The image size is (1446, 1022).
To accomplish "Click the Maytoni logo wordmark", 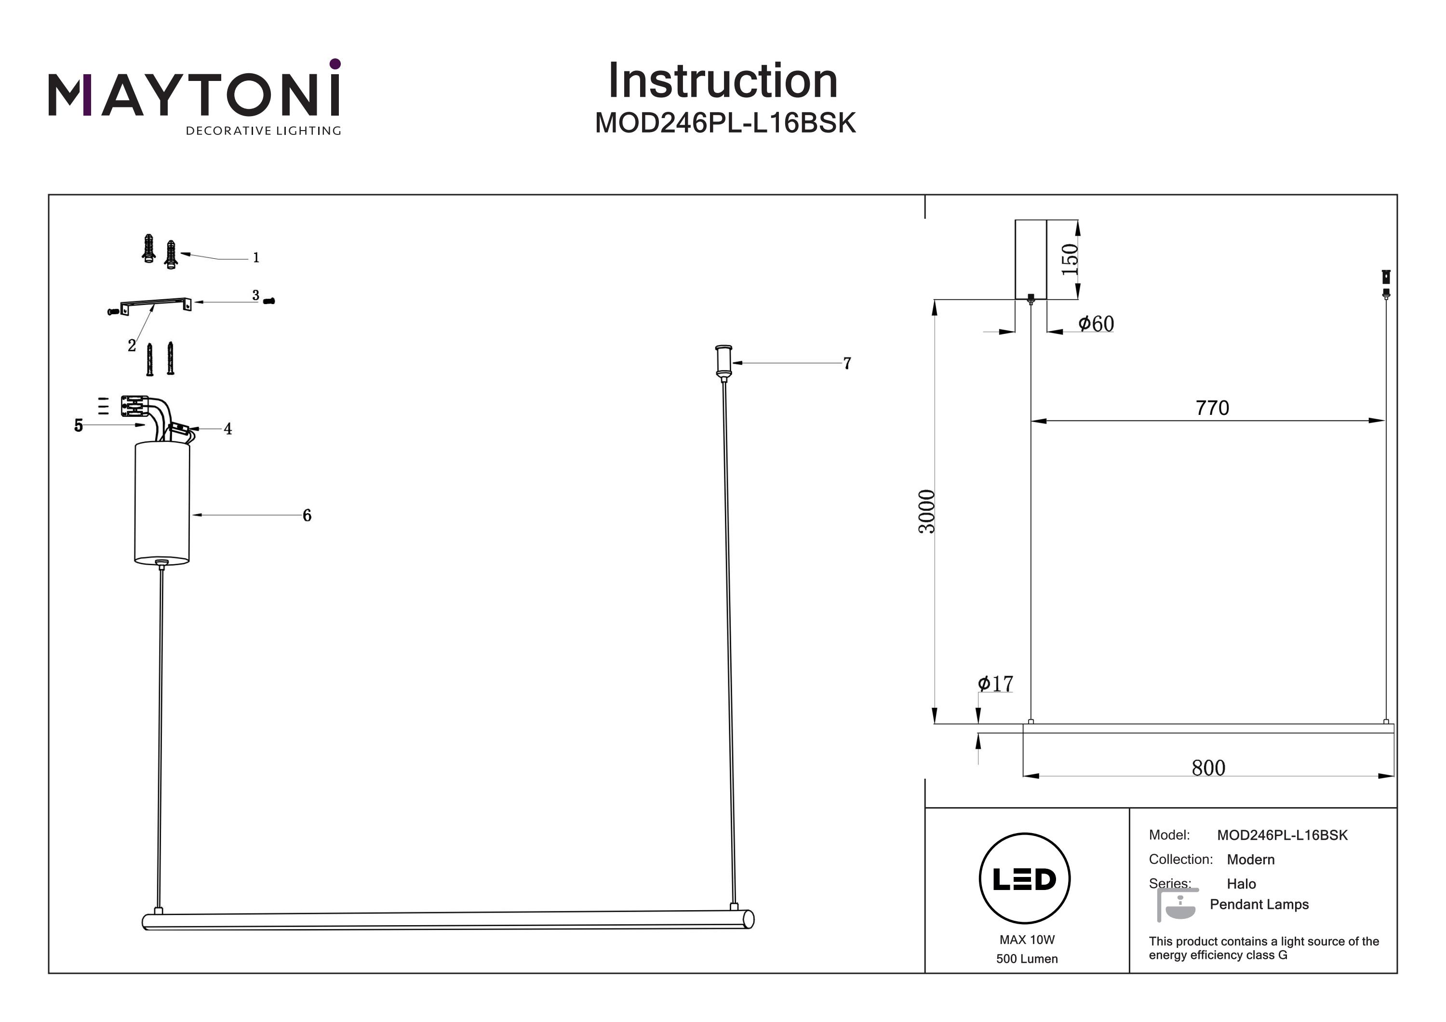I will [x=194, y=94].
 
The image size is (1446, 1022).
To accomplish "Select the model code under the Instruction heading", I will [x=725, y=123].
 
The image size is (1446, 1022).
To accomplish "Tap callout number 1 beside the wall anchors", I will [x=255, y=257].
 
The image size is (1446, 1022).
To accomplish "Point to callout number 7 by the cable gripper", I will [x=847, y=363].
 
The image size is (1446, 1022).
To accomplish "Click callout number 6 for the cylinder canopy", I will [x=307, y=515].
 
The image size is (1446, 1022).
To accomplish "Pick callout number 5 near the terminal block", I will [x=78, y=425].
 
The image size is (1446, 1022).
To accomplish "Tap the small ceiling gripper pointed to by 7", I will [x=723, y=361].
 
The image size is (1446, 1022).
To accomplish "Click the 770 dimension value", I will [x=1212, y=408].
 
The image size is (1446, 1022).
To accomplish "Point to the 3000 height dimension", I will [x=926, y=511].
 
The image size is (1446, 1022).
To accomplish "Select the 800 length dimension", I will [x=1208, y=768].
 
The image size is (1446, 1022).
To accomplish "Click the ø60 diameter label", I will [x=1096, y=324].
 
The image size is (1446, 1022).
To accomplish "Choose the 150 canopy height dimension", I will [x=1070, y=259].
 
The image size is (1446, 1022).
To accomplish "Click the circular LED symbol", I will [x=1025, y=878].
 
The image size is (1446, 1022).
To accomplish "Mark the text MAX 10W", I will [x=1027, y=940].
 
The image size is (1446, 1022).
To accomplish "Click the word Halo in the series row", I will [x=1241, y=883].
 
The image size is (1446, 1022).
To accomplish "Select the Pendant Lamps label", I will [x=1259, y=904].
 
